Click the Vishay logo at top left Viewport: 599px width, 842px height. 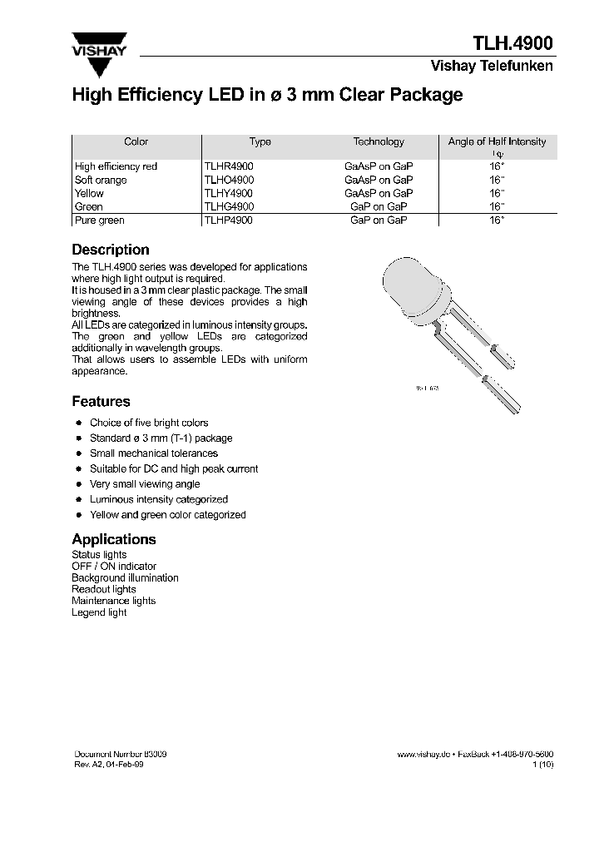(x=99, y=42)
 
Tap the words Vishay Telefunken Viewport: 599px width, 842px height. (x=491, y=67)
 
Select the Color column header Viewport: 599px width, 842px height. (x=136, y=142)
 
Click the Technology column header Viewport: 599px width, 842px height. (x=379, y=142)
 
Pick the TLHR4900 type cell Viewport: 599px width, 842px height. (x=229, y=166)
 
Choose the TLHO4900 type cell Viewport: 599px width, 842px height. (x=229, y=180)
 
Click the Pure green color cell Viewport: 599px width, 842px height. (x=99, y=220)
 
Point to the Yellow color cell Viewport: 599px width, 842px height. (x=90, y=193)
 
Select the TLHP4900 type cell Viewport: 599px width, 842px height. (x=229, y=220)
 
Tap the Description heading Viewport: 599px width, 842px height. (x=111, y=250)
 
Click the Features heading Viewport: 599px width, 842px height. (x=101, y=401)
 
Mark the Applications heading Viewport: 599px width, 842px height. (x=114, y=539)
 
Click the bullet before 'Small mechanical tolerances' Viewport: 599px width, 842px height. (x=78, y=453)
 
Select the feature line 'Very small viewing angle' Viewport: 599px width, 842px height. (x=145, y=484)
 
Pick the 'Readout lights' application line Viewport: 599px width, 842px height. (x=104, y=589)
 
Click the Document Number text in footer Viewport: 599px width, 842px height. (x=121, y=753)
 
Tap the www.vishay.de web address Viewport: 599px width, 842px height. (x=423, y=754)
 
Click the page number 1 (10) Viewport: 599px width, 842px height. (x=542, y=764)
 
